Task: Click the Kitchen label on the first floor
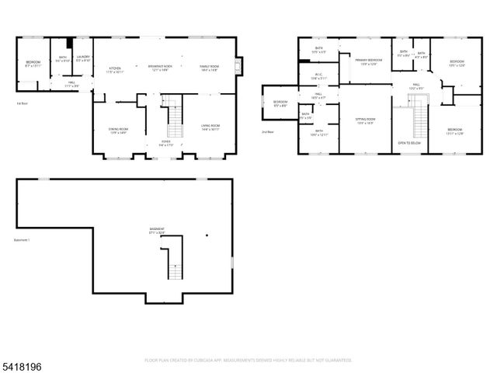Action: pos(116,69)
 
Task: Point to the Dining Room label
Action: pos(118,130)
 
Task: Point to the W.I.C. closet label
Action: pos(314,77)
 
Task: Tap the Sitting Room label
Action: pos(366,121)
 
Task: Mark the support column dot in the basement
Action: pos(207,235)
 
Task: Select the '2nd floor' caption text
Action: pos(267,131)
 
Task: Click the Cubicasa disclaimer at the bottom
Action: pos(248,360)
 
